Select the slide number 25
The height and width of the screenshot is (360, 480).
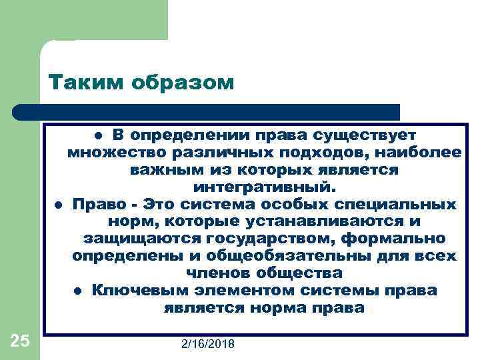tap(20, 341)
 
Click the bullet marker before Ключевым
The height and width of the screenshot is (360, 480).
tap(77, 291)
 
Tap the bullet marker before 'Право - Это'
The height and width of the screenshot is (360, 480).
tap(58, 205)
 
